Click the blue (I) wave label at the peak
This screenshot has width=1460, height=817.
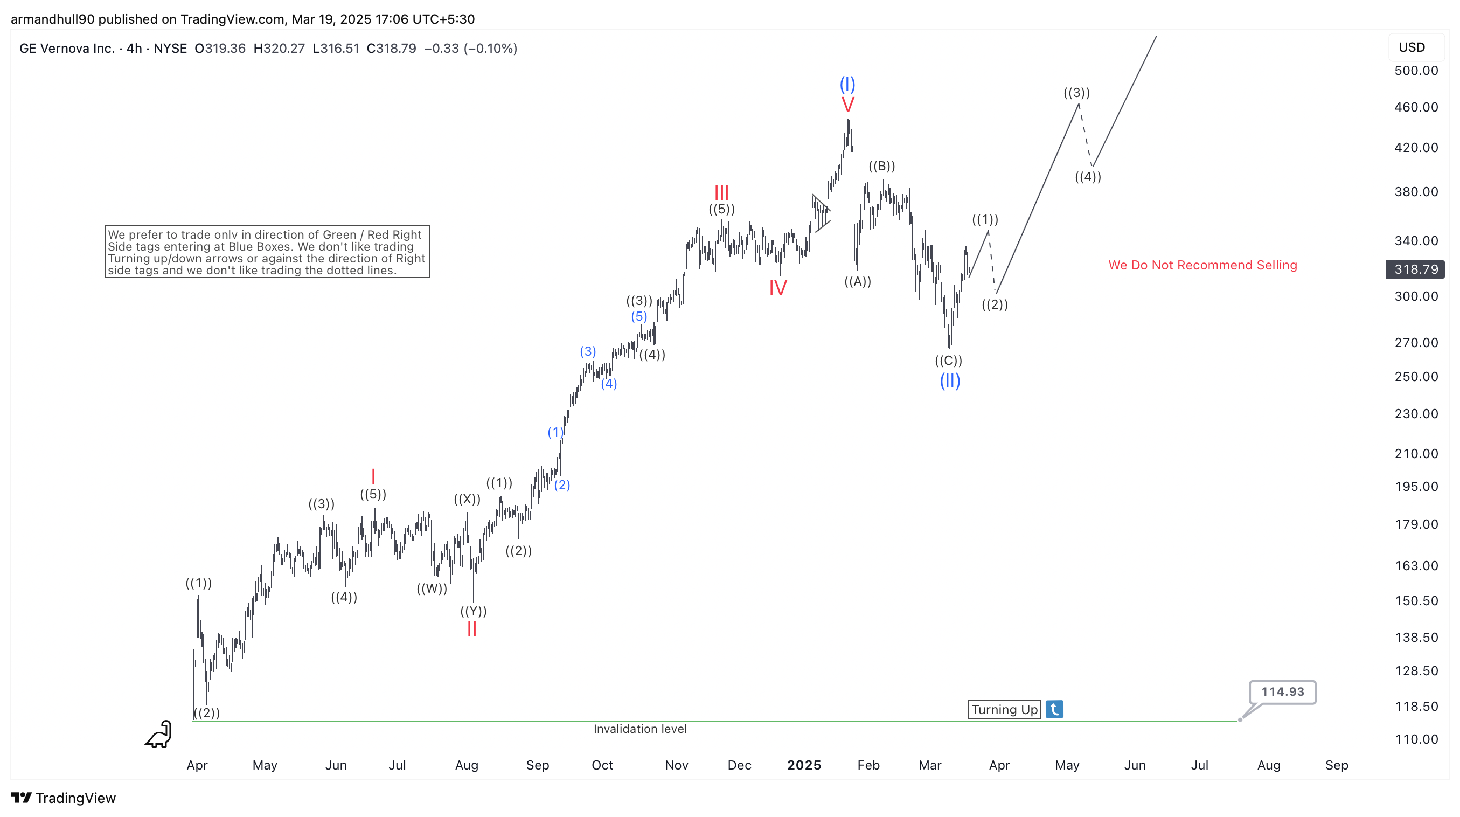click(x=847, y=85)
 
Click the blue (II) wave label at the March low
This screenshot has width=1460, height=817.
click(x=950, y=380)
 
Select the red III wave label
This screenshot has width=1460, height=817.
click(x=721, y=193)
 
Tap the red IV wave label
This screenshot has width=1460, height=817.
click(x=777, y=288)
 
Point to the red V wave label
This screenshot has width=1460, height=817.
click(x=847, y=105)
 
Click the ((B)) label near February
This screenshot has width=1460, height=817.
click(x=882, y=166)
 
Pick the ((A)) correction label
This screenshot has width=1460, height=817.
click(x=858, y=281)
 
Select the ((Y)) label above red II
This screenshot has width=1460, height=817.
click(x=473, y=611)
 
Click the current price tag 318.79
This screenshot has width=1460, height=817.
click(x=1416, y=269)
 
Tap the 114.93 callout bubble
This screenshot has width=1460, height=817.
click(x=1282, y=691)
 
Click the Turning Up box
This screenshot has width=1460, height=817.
click(x=1004, y=709)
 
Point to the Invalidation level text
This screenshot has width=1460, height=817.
click(x=640, y=729)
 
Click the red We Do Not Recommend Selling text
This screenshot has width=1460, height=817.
click(x=1202, y=265)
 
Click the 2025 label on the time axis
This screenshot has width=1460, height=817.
click(x=804, y=765)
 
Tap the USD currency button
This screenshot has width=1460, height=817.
click(x=1412, y=47)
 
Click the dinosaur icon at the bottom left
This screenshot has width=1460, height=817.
click(x=159, y=734)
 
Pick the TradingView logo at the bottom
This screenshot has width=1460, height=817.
click(x=64, y=798)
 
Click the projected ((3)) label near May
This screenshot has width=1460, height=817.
click(x=1076, y=92)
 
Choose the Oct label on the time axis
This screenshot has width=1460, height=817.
click(x=602, y=765)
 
